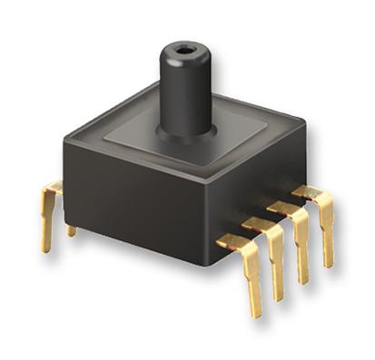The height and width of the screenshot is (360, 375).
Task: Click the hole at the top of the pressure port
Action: (186, 51)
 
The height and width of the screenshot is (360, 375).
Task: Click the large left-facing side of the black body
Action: (127, 204)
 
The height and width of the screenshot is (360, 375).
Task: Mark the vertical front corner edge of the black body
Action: (207, 218)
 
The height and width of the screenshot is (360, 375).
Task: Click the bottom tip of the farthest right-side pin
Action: (326, 263)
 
